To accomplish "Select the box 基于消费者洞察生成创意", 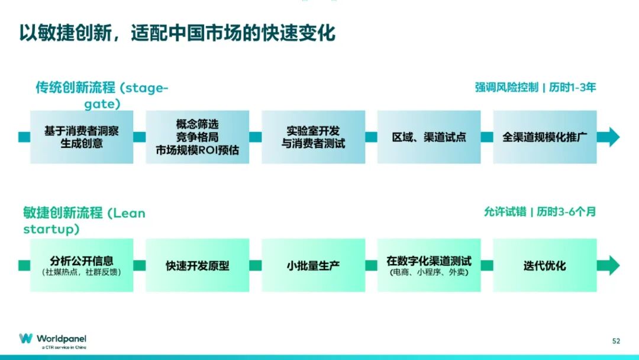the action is tap(82, 137).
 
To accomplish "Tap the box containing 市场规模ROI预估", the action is tap(197, 137).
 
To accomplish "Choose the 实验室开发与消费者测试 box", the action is tap(313, 137).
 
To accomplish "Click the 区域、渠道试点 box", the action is tap(429, 137).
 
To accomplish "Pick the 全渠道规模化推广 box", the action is tap(545, 137).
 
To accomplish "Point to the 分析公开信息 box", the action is tap(82, 265).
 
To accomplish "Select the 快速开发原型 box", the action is tap(197, 265).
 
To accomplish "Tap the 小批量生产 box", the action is tap(313, 265).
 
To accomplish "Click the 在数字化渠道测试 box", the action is tap(429, 265).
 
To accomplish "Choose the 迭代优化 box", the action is tap(545, 265).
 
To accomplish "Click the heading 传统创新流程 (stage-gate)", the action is tap(102, 95).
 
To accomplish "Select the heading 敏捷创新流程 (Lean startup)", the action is tap(84, 221).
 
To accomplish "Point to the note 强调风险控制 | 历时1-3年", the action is tap(535, 87).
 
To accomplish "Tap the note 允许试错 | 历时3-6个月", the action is tap(540, 211).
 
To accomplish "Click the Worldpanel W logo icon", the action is tap(25, 339).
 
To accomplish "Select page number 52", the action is tap(616, 341).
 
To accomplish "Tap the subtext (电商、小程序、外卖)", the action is tap(429, 272).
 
